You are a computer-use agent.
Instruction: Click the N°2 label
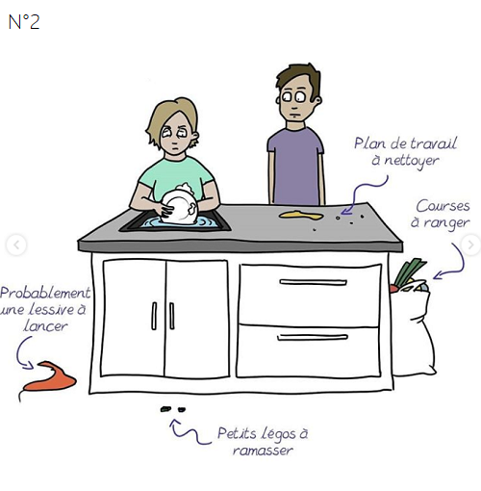pyautogui.click(x=24, y=22)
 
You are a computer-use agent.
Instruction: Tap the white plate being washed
pyautogui.click(x=180, y=207)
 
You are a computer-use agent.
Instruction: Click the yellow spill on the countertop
pyautogui.click(x=301, y=216)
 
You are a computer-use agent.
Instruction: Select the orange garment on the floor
pyautogui.click(x=50, y=376)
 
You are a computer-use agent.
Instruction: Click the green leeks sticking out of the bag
pyautogui.click(x=409, y=272)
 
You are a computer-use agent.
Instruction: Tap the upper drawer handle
pyautogui.click(x=313, y=282)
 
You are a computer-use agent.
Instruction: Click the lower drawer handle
pyautogui.click(x=313, y=337)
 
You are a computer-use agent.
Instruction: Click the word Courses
pyautogui.click(x=443, y=206)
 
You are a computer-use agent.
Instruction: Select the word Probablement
pyautogui.click(x=45, y=293)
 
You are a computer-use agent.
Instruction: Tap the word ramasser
pyautogui.click(x=263, y=451)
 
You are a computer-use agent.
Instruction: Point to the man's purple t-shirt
pyautogui.click(x=295, y=166)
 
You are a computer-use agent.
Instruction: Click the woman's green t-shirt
pyautogui.click(x=176, y=176)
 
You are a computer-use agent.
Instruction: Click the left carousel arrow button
pyautogui.click(x=16, y=245)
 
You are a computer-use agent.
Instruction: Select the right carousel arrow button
pyautogui.click(x=470, y=245)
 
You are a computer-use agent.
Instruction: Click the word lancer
pyautogui.click(x=45, y=325)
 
